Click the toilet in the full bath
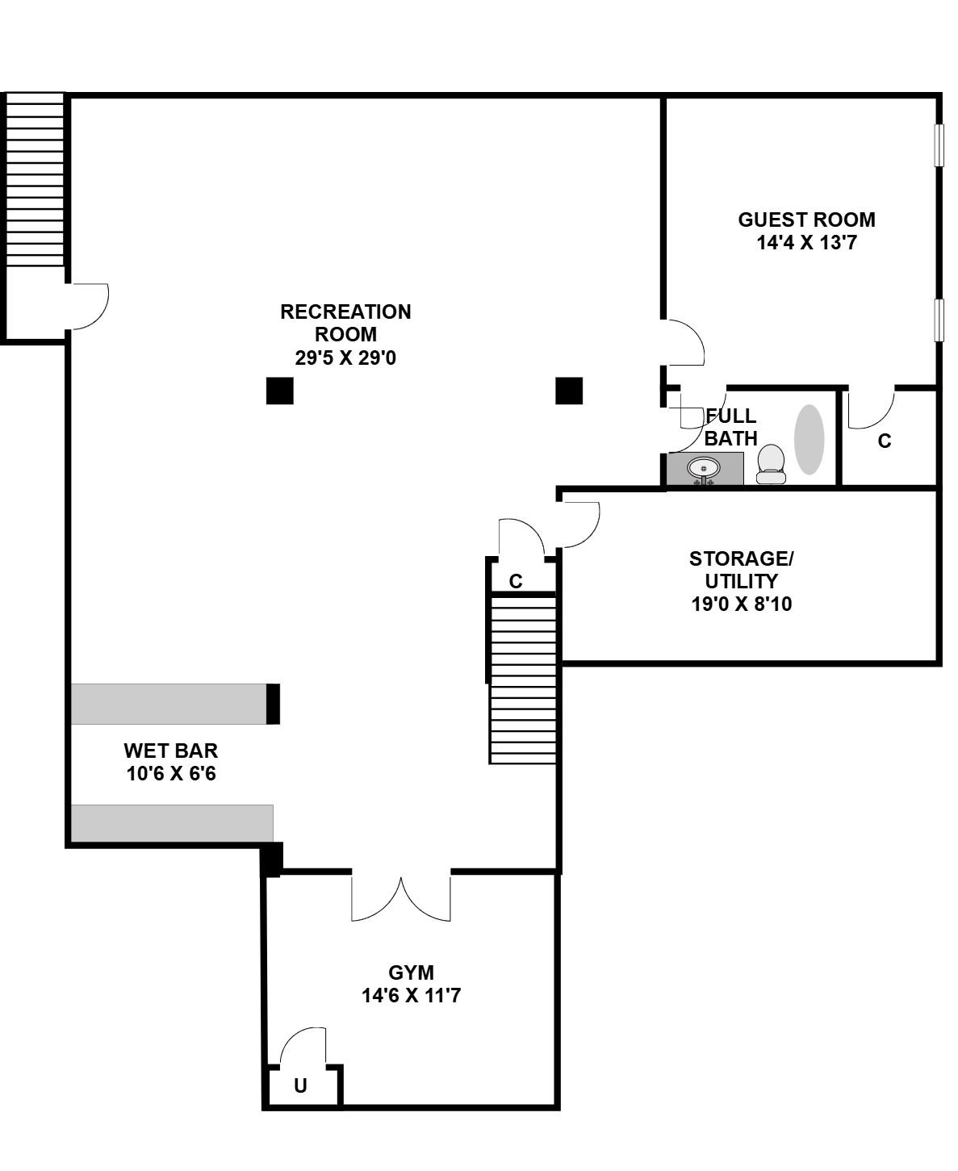pyautogui.click(x=771, y=463)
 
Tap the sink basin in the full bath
pyautogui.click(x=704, y=468)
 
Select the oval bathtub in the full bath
pyautogui.click(x=809, y=440)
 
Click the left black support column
pyautogui.click(x=280, y=391)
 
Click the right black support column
pyautogui.click(x=569, y=391)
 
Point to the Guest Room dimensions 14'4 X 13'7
pyautogui.click(x=806, y=243)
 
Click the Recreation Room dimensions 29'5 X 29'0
pyautogui.click(x=345, y=358)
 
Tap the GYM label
pyautogui.click(x=411, y=972)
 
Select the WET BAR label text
pyautogui.click(x=170, y=751)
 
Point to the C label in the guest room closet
pyautogui.click(x=885, y=441)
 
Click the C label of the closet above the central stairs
pyautogui.click(x=516, y=581)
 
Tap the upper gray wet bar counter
pyautogui.click(x=169, y=704)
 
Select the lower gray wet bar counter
pyautogui.click(x=172, y=823)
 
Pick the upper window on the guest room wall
pyautogui.click(x=939, y=145)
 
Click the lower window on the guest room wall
pyautogui.click(x=939, y=320)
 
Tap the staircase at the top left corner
pyautogui.click(x=35, y=179)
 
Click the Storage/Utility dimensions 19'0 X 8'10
pyautogui.click(x=742, y=604)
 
